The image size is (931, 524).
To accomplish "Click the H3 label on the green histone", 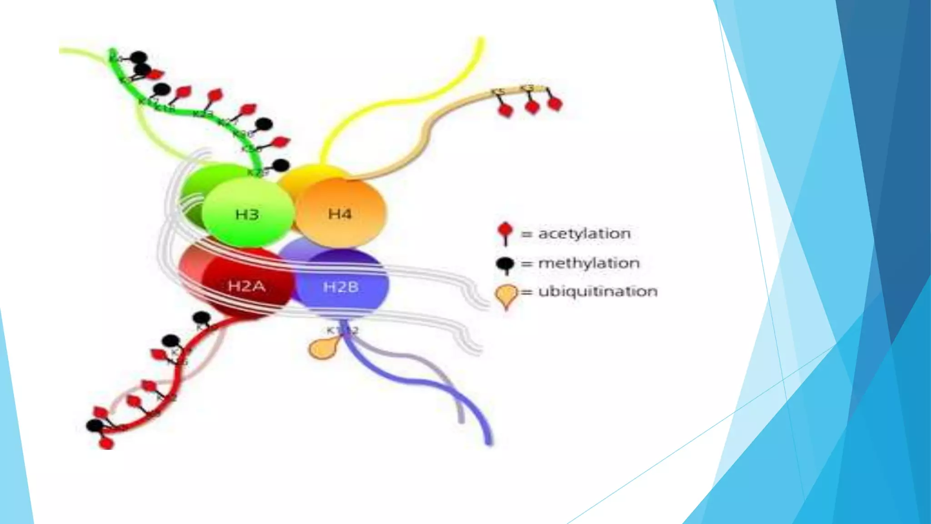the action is [247, 214].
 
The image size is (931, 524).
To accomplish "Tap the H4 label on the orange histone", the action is [340, 213].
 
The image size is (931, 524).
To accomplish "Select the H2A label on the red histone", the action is [246, 286].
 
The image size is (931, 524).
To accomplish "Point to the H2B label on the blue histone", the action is [340, 287].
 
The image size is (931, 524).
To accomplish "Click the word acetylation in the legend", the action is [584, 234].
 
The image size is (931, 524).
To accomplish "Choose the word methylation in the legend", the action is [589, 263].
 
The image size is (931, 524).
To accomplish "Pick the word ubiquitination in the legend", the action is [597, 291].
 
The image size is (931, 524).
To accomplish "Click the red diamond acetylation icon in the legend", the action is [505, 231].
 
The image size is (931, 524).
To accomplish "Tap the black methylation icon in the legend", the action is [505, 263].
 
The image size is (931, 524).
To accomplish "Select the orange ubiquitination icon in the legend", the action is [506, 295].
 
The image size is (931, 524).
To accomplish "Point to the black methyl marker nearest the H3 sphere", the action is [280, 166].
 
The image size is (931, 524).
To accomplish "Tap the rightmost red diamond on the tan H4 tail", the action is [555, 104].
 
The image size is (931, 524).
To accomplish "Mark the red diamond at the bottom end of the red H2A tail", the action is [106, 443].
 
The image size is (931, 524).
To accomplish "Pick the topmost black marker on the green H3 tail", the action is [139, 58].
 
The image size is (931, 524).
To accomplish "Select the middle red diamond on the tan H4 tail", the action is [532, 107].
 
